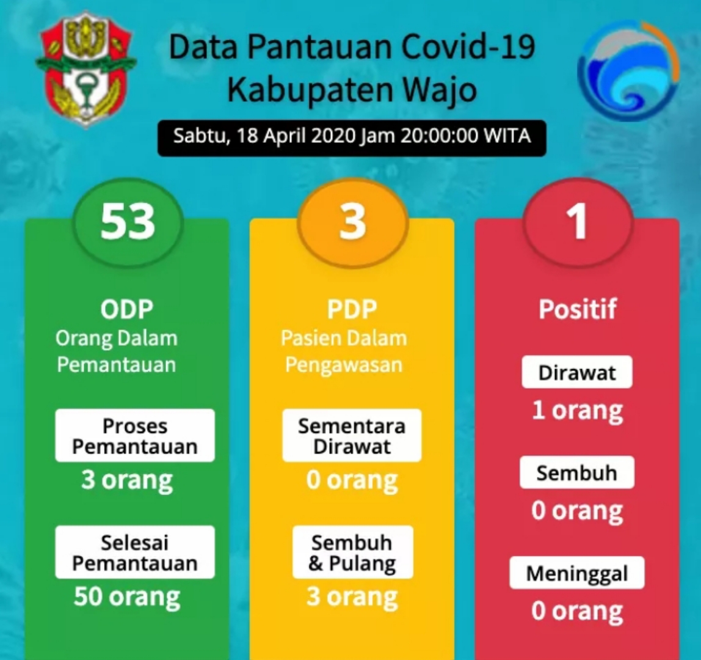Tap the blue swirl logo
(x=628, y=70)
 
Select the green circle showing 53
(x=128, y=222)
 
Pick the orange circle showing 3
(x=352, y=222)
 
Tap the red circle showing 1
(x=578, y=222)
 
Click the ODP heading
(x=127, y=309)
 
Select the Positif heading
(x=578, y=309)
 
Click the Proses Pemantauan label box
(x=135, y=436)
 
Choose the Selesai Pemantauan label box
(x=135, y=552)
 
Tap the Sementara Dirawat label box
(x=352, y=436)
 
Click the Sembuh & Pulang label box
(x=352, y=552)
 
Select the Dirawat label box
(x=577, y=372)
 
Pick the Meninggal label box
(x=577, y=573)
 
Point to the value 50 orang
(x=127, y=596)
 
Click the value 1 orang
(x=577, y=410)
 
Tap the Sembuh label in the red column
(x=577, y=473)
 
